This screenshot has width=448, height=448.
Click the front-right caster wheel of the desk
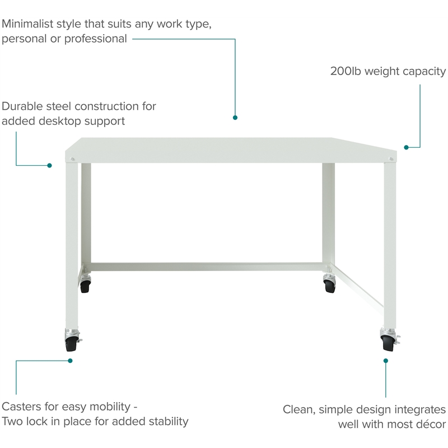click(x=388, y=344)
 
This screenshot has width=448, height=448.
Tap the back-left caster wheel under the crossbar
click(x=85, y=287)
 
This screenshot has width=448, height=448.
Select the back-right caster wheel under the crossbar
click(x=329, y=287)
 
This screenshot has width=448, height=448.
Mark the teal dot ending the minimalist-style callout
click(x=235, y=118)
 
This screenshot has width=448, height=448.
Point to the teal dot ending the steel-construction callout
click(x=49, y=165)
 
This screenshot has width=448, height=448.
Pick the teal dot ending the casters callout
click(x=70, y=361)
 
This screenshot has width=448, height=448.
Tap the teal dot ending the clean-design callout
click(x=386, y=361)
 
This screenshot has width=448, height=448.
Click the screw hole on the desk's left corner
click(x=72, y=159)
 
